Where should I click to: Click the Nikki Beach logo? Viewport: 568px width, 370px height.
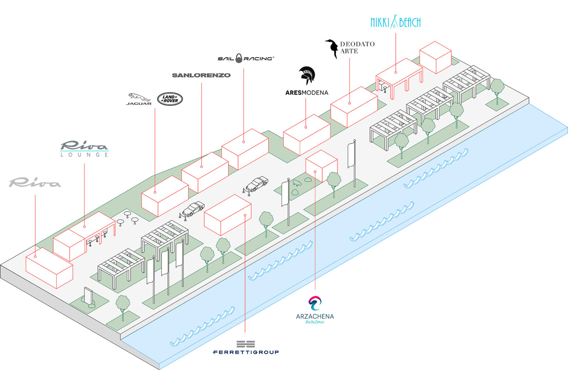pyautogui.click(x=395, y=21)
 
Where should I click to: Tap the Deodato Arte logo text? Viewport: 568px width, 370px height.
pyautogui.click(x=357, y=47)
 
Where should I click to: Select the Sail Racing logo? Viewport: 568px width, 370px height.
pyautogui.click(x=246, y=59)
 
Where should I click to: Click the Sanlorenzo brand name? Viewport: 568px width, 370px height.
pyautogui.click(x=201, y=75)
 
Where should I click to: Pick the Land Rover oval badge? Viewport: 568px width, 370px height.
pyautogui.click(x=170, y=99)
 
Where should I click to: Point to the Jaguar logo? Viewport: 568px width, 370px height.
pyautogui.click(x=139, y=99)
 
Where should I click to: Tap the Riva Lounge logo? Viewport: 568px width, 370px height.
pyautogui.click(x=84, y=149)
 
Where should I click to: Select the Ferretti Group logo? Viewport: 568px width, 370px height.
pyautogui.click(x=246, y=347)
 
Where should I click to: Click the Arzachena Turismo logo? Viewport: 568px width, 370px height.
pyautogui.click(x=315, y=310)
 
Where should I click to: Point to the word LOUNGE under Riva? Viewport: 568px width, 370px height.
pyautogui.click(x=84, y=155)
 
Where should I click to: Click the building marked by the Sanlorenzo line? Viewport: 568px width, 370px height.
pyautogui.click(x=205, y=173)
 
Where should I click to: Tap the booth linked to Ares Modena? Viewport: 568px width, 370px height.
pyautogui.click(x=307, y=135)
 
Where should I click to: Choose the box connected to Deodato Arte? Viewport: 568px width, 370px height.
pyautogui.click(x=354, y=107)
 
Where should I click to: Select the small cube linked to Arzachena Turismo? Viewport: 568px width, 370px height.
pyautogui.click(x=321, y=166)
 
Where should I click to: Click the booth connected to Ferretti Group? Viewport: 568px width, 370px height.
pyautogui.click(x=228, y=215)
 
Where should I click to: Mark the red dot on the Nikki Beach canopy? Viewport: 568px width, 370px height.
pyautogui.click(x=396, y=73)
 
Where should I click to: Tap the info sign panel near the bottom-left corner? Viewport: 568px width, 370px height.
pyautogui.click(x=88, y=295)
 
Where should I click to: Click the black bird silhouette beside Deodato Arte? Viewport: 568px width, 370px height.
pyautogui.click(x=332, y=49)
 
